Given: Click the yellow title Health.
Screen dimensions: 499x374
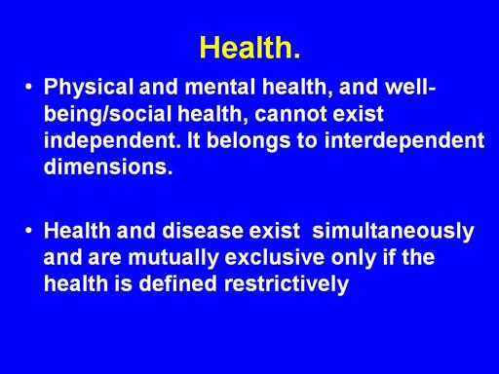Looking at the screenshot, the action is [x=249, y=48].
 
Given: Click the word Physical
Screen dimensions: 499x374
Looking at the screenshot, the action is [x=89, y=88].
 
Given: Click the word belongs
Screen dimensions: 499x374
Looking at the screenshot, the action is [x=249, y=141].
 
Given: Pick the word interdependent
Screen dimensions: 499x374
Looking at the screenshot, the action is [x=404, y=140].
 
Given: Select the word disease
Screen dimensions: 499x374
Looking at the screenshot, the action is [x=203, y=231].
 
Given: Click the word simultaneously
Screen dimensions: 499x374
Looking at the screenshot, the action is [x=393, y=231].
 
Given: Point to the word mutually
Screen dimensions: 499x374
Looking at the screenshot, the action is [x=173, y=258].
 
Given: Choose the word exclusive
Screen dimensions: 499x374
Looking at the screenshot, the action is [x=275, y=257].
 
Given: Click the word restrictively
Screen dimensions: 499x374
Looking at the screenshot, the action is [x=287, y=284].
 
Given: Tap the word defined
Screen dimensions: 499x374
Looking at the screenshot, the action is [x=177, y=283].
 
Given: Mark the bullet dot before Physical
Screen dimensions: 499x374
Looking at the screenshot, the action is [x=28, y=87].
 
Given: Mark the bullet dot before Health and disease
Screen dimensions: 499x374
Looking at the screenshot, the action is [x=28, y=231].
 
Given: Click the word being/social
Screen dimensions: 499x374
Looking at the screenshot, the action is [x=107, y=115].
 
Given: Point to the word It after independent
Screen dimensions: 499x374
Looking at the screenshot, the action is [x=194, y=140].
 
